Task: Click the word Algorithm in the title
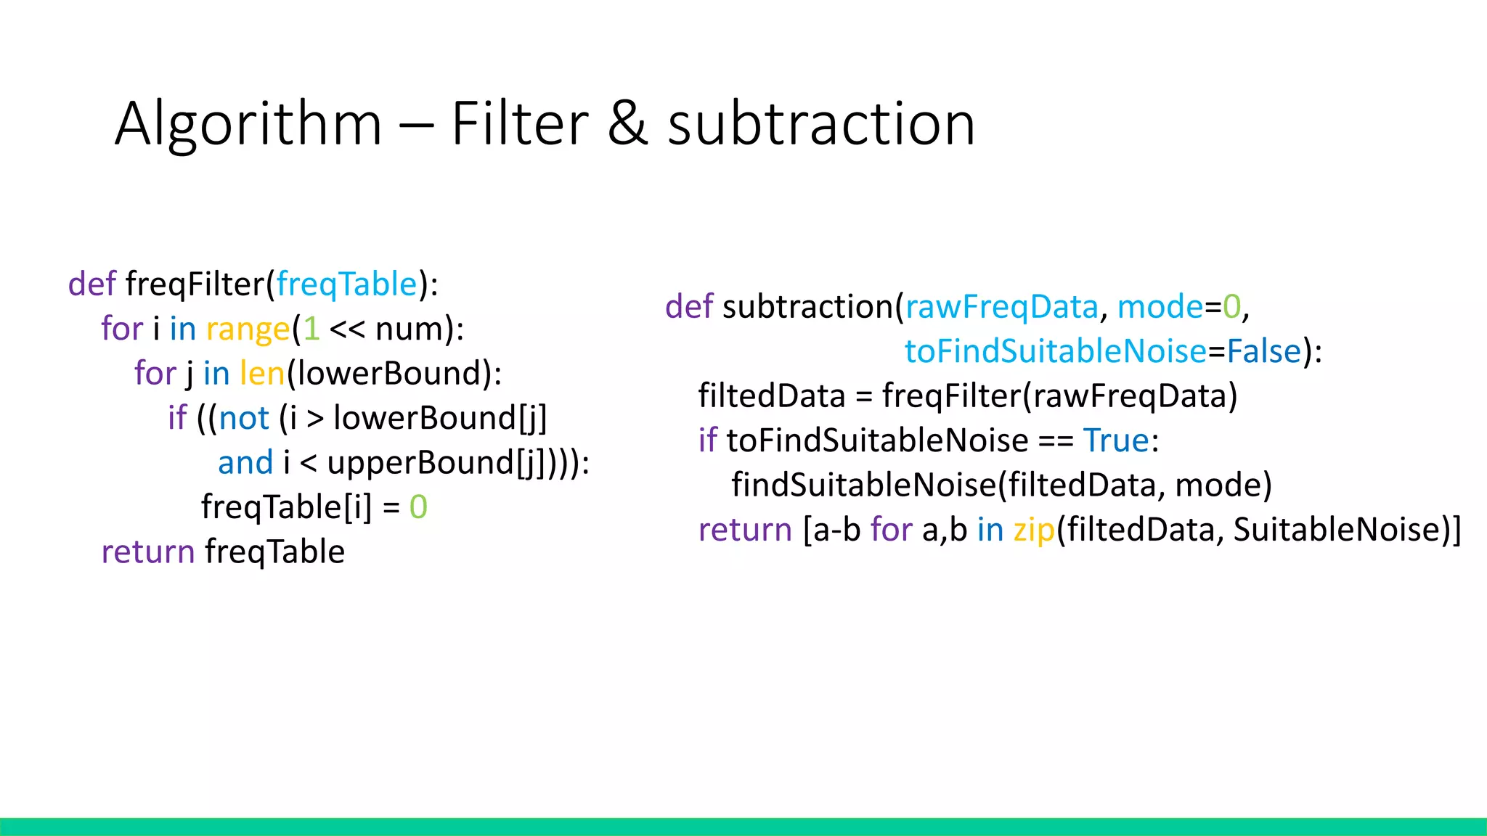point(248,125)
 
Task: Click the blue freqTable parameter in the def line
point(347,284)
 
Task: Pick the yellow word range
point(248,329)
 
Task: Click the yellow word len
point(262,374)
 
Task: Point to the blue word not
point(244,419)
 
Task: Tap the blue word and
point(245,463)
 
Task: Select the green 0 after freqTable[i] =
point(418,507)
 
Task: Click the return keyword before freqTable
point(148,552)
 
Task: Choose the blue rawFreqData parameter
point(1001,307)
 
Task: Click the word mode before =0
point(1160,307)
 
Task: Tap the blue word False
point(1263,352)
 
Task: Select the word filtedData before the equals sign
point(772,396)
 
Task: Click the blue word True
point(1116,440)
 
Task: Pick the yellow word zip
point(1034,530)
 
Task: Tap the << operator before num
point(347,329)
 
